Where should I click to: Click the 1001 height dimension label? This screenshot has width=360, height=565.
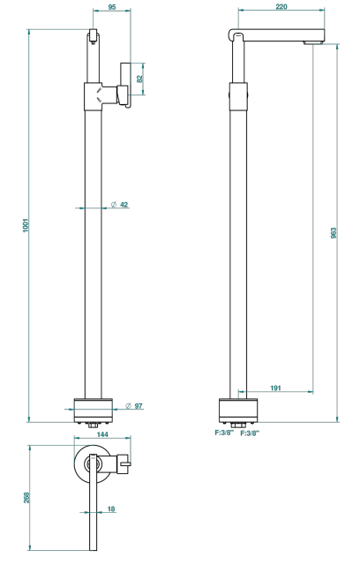(x=26, y=225)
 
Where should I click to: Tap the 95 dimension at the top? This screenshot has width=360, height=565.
(x=112, y=7)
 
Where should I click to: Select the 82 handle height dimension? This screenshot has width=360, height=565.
(x=139, y=79)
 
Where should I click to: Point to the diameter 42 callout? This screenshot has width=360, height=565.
(x=119, y=205)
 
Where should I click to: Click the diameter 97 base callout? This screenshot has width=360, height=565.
(x=134, y=406)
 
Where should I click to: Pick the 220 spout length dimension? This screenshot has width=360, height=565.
(x=281, y=6)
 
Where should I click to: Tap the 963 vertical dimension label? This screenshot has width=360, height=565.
(x=334, y=233)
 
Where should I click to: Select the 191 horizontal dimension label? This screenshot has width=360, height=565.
(x=275, y=388)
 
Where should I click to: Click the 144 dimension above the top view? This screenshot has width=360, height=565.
(x=102, y=434)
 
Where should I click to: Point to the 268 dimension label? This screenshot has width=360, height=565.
(x=26, y=498)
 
